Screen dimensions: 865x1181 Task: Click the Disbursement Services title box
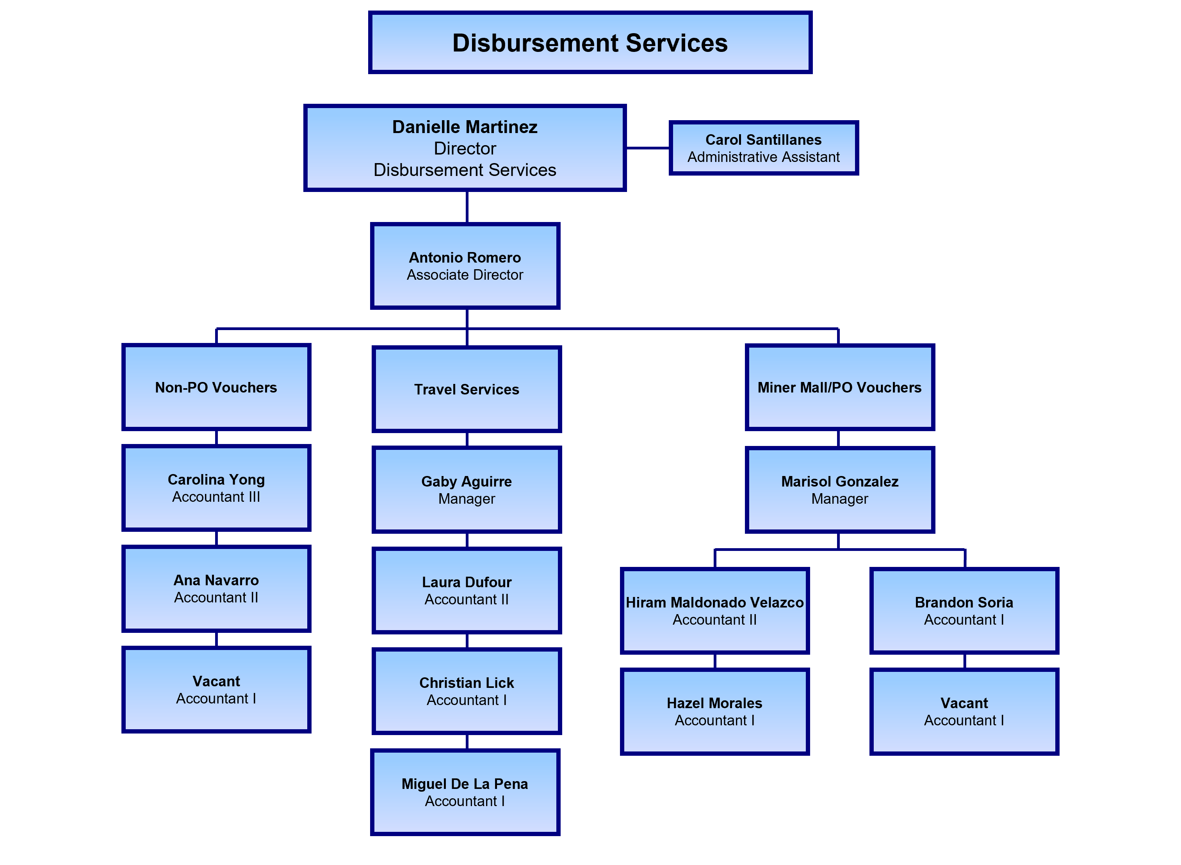(590, 43)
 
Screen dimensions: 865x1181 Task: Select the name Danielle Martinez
(465, 127)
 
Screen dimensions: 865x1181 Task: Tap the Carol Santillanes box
(763, 148)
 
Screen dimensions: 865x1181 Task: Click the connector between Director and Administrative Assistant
(648, 148)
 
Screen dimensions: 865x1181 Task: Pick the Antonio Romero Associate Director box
(465, 266)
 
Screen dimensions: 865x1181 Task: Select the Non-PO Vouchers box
(216, 387)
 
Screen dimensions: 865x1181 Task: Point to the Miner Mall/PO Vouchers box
(839, 387)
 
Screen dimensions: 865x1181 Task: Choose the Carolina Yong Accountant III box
(216, 488)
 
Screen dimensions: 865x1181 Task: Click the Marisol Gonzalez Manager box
(839, 490)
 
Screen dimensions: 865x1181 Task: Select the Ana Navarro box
(216, 588)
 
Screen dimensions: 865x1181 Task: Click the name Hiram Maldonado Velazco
(715, 603)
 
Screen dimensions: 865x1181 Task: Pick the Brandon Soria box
(964, 611)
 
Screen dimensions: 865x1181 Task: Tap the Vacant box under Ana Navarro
(216, 689)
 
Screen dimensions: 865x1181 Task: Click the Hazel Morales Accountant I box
(715, 712)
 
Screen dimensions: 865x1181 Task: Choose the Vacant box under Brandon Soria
(964, 712)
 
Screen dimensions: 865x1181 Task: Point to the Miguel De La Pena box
(465, 792)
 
